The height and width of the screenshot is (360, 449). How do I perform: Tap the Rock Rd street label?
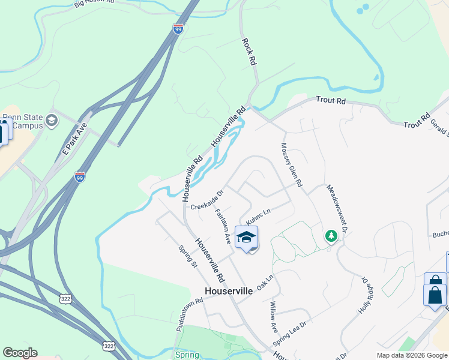250,52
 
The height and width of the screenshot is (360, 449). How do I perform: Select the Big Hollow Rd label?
94,3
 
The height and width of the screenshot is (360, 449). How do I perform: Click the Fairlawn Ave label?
223,225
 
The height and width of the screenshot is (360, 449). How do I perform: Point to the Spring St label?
188,257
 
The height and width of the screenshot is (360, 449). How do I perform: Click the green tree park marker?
330,236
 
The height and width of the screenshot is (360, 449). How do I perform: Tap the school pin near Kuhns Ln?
246,238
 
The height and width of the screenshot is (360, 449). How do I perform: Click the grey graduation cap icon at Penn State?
52,121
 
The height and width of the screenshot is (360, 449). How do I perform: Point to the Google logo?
20,353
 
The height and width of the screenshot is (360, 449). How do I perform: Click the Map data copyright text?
412,355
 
